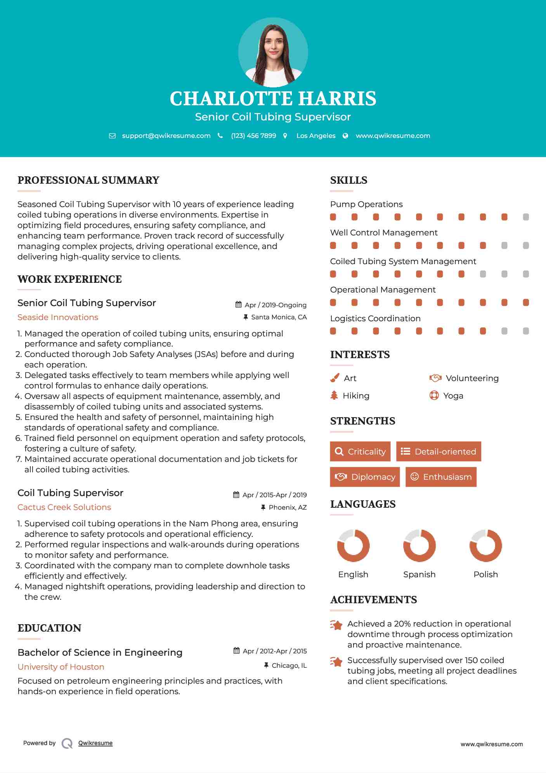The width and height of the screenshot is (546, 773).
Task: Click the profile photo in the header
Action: click(273, 52)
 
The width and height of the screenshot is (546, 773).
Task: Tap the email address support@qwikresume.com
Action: click(166, 136)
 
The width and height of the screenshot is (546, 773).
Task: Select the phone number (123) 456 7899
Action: click(253, 136)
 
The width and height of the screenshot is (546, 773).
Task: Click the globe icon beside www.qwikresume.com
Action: click(345, 136)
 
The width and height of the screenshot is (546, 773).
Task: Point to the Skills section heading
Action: click(348, 180)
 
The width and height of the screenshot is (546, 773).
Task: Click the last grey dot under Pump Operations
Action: click(526, 217)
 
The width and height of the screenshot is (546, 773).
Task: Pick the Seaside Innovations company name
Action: click(58, 317)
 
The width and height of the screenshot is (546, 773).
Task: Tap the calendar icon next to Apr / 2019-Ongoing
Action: click(239, 305)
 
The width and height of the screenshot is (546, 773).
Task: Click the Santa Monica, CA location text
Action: click(279, 317)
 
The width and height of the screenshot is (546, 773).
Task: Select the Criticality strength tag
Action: click(360, 451)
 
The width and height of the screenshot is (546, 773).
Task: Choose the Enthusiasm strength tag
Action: click(441, 477)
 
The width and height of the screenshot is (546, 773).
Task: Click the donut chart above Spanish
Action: click(419, 545)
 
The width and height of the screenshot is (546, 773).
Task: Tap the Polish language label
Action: click(485, 575)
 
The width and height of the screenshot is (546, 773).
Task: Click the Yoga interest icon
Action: click(434, 395)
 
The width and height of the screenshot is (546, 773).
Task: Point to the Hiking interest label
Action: click(356, 396)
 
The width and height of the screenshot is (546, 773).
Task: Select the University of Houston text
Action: click(61, 667)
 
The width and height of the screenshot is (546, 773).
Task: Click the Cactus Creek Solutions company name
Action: click(64, 507)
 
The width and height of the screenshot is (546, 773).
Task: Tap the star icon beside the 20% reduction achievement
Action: click(336, 625)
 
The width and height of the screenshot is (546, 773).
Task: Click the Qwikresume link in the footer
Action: click(95, 743)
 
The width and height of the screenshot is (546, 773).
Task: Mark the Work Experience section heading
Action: click(69, 279)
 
